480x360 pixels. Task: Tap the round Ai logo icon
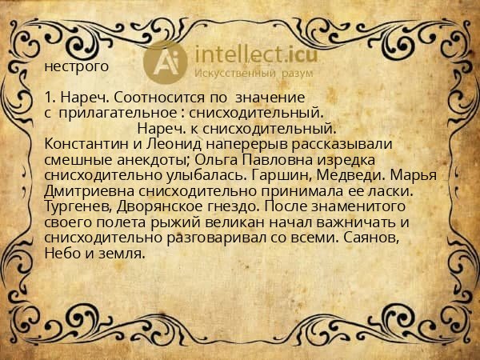pyautogui.click(x=165, y=61)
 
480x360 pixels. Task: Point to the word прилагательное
pyautogui.click(x=122, y=114)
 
